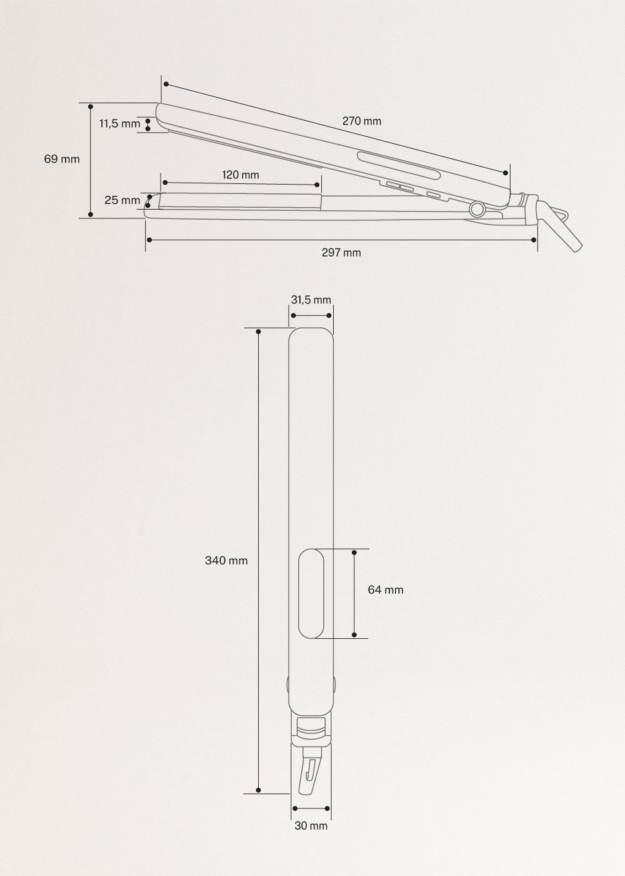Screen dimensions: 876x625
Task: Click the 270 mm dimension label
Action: click(x=361, y=121)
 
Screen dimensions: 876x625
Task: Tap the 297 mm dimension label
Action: click(x=341, y=253)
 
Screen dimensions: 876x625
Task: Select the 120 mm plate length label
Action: click(x=241, y=175)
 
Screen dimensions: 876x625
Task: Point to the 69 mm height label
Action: click(x=62, y=159)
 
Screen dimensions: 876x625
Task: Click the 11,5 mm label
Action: click(x=119, y=124)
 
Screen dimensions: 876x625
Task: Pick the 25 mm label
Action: click(x=122, y=200)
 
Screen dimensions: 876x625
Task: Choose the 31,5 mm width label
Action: click(x=311, y=300)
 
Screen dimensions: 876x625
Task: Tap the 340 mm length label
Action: click(x=226, y=561)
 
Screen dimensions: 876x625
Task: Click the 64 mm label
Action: click(x=386, y=589)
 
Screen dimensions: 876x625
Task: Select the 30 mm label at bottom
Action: click(x=311, y=826)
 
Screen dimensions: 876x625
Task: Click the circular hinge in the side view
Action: click(x=478, y=209)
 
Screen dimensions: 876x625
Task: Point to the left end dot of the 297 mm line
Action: click(x=148, y=240)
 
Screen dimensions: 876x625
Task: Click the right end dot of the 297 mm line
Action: click(x=534, y=240)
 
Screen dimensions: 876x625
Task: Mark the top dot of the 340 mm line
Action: click(x=259, y=328)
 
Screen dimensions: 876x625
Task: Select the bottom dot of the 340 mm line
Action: click(x=259, y=792)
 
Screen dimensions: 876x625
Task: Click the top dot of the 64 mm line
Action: click(x=354, y=553)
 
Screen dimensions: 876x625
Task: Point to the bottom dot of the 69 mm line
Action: click(x=91, y=215)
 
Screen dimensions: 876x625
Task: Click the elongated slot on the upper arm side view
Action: click(x=397, y=161)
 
